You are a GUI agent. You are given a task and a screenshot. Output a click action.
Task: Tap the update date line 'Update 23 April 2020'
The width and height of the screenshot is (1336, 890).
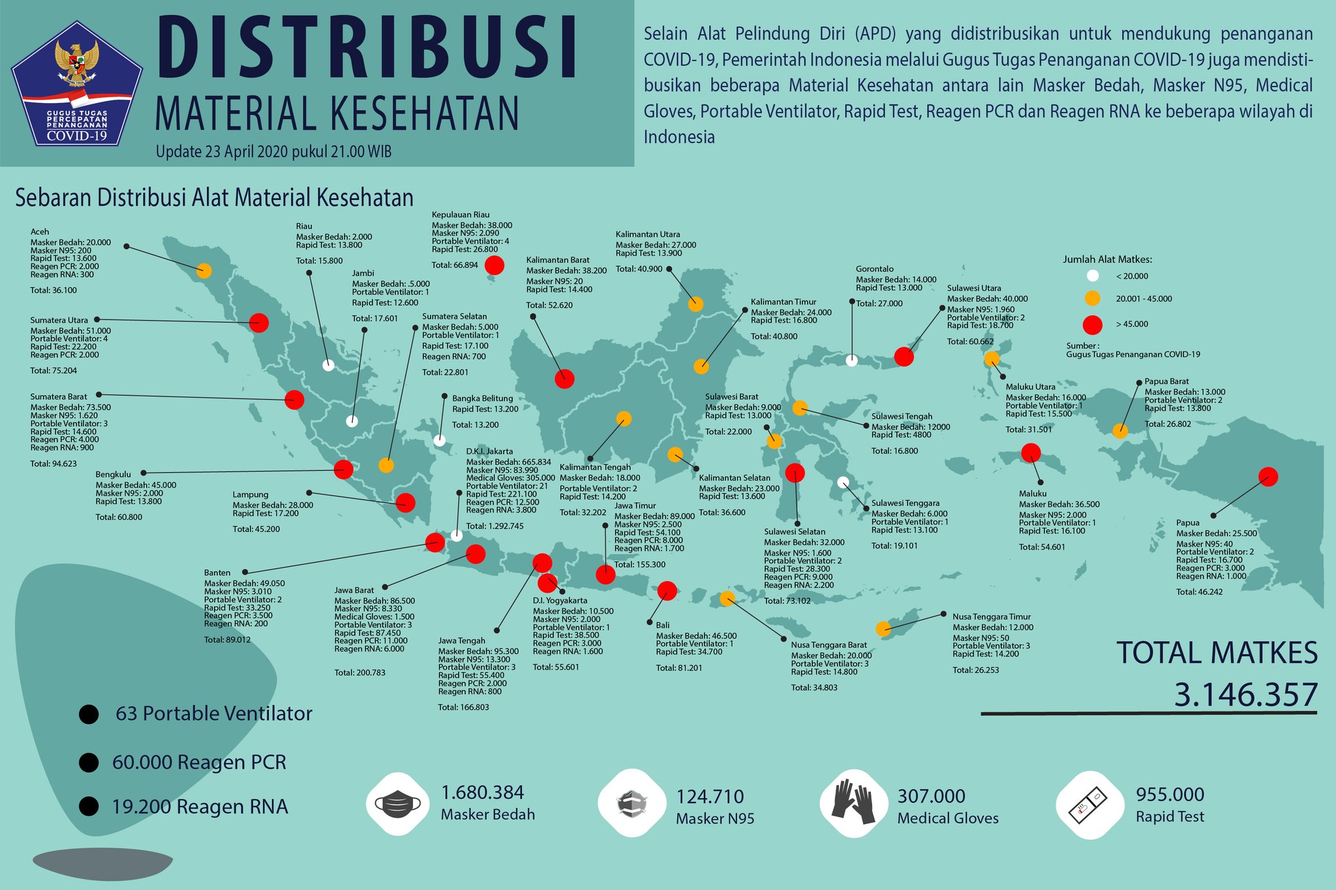coord(273,152)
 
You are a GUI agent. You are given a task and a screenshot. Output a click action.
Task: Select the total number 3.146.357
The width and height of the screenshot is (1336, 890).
coord(1246,694)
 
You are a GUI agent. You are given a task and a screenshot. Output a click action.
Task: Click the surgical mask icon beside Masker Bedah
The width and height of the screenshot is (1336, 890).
coord(397,803)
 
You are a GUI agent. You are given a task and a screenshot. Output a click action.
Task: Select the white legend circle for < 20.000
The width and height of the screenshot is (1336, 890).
coord(1093,276)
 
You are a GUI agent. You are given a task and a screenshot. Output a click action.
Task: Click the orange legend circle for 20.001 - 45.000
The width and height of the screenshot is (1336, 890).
coord(1092,299)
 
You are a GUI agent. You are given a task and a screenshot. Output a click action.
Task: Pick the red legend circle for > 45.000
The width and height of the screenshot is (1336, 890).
coord(1092,324)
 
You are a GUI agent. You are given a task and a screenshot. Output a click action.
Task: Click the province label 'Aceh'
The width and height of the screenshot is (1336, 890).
coord(40,231)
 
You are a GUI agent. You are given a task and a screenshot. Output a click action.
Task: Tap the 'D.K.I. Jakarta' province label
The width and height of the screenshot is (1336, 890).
coord(489,451)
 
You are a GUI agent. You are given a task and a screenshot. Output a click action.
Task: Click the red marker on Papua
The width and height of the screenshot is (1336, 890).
coord(1268,477)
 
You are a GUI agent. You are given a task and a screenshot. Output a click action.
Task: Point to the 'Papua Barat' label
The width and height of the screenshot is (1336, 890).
coord(1166,381)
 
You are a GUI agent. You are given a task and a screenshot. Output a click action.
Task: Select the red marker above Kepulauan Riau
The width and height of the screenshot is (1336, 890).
coord(494,265)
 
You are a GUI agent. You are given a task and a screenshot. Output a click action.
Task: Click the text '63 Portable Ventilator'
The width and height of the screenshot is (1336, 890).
coord(214,713)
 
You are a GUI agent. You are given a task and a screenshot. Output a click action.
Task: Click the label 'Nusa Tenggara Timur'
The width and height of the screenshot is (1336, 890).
coord(992,616)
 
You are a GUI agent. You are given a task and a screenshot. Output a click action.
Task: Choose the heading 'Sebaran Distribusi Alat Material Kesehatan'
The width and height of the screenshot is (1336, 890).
coord(214,198)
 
